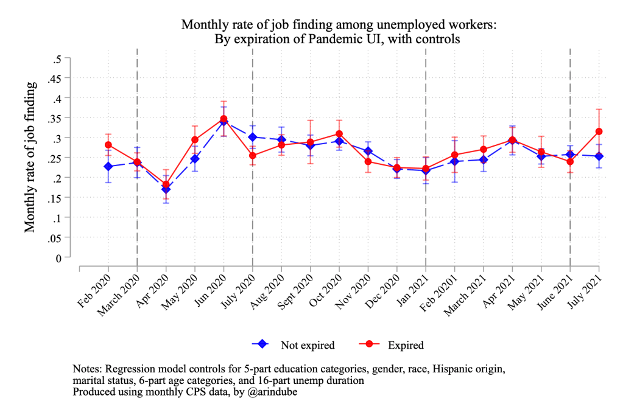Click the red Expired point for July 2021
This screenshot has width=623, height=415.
(599, 131)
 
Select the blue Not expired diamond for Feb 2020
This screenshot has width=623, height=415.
(108, 166)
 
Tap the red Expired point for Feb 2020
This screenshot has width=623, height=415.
(108, 145)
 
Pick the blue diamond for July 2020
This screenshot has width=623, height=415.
(252, 137)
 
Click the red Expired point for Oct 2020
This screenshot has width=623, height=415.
(339, 134)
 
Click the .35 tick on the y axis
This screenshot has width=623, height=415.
(57, 118)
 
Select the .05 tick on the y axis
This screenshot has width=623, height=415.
(57, 238)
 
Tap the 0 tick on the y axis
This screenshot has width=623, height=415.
(59, 258)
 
